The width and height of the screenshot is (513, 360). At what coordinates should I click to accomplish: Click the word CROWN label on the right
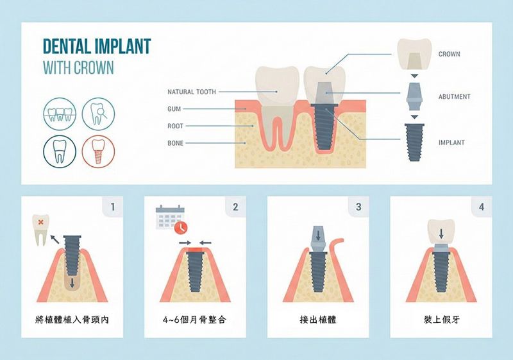449,54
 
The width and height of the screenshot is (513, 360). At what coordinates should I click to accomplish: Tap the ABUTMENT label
454,96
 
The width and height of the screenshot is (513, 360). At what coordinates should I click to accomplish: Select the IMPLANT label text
451,142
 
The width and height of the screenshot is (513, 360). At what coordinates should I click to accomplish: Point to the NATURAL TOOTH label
192,92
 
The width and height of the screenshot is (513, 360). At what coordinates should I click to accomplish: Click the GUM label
174,109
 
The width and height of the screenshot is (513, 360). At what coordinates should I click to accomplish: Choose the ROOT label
175,126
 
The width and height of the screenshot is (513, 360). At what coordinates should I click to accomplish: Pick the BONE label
175,143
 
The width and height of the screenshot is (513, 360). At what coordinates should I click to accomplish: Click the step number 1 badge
113,207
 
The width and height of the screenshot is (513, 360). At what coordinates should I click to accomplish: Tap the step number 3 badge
358,207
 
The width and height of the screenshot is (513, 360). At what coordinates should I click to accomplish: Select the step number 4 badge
482,207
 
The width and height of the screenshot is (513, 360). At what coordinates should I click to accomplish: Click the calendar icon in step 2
169,217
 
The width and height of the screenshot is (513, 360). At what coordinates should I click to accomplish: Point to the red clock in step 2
181,227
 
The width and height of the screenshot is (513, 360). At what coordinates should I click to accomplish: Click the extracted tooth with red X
40,230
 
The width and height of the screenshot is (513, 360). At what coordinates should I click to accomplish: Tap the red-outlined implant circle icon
99,151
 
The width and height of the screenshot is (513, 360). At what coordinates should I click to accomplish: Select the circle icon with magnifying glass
99,114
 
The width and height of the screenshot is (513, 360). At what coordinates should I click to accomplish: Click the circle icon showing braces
60,114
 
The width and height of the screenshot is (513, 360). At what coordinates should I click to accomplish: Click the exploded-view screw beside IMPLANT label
414,142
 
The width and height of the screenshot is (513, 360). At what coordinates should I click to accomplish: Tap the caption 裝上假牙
442,320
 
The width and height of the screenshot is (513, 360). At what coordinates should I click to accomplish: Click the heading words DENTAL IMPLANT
97,46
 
